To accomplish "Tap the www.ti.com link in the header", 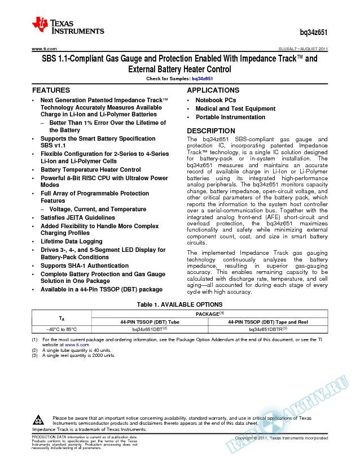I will [x=43, y=49].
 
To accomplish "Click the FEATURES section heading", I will [x=51, y=90].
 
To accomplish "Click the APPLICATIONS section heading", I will [x=213, y=90].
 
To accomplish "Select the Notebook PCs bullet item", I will [x=216, y=100].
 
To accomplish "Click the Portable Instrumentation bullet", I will [x=230, y=117].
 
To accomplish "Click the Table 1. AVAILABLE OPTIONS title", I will [x=180, y=303].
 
